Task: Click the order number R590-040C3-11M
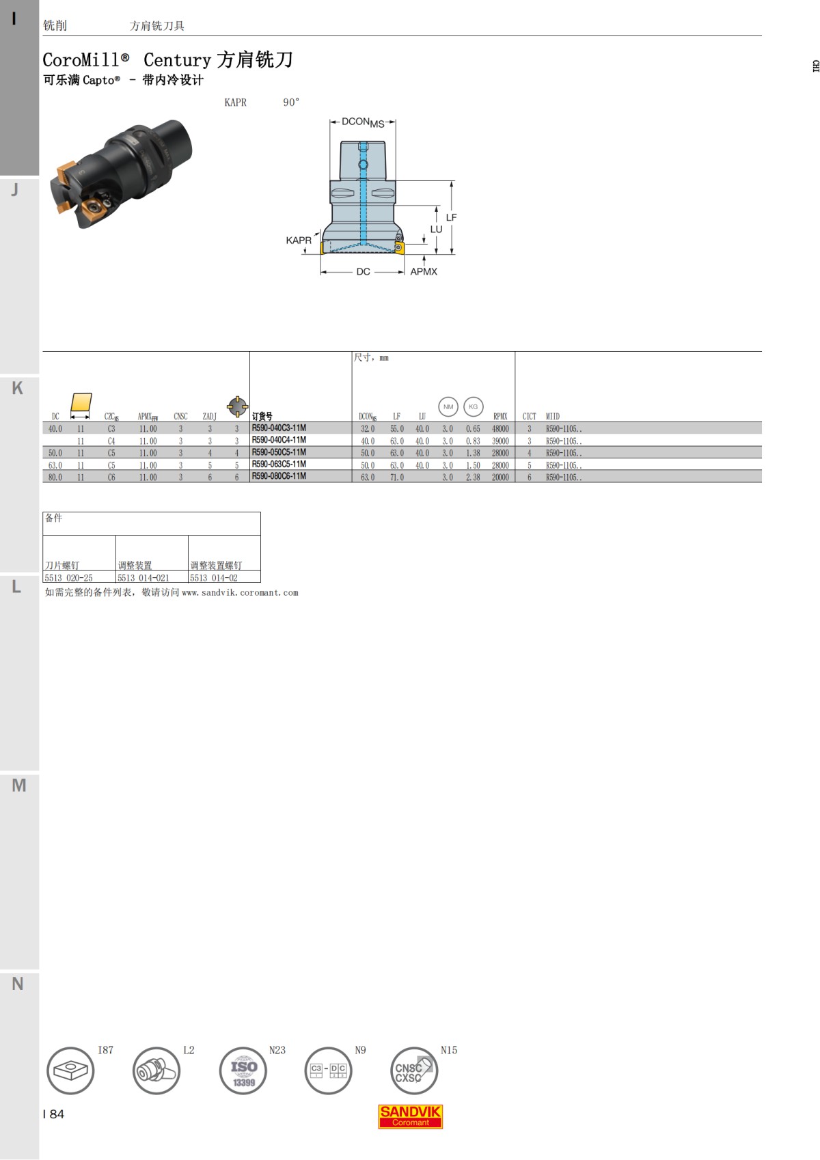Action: tap(279, 428)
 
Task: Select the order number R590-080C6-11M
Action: tap(279, 477)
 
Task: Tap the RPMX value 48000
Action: tap(500, 429)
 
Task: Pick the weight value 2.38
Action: tap(473, 478)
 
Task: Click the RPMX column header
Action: tap(500, 416)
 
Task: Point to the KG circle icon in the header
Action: tap(473, 406)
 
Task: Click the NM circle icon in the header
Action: tap(448, 406)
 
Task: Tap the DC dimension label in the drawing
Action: tap(363, 272)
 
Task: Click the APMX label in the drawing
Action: tap(424, 272)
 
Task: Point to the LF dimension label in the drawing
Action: tap(451, 217)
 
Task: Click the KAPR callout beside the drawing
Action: tap(299, 240)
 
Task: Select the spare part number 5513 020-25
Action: tap(68, 578)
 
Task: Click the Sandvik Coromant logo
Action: tap(411, 1116)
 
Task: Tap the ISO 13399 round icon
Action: tap(243, 1071)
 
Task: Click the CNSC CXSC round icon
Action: tap(413, 1071)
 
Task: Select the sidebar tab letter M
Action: tap(19, 786)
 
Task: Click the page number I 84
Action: tap(53, 1114)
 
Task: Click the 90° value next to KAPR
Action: tap(291, 102)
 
